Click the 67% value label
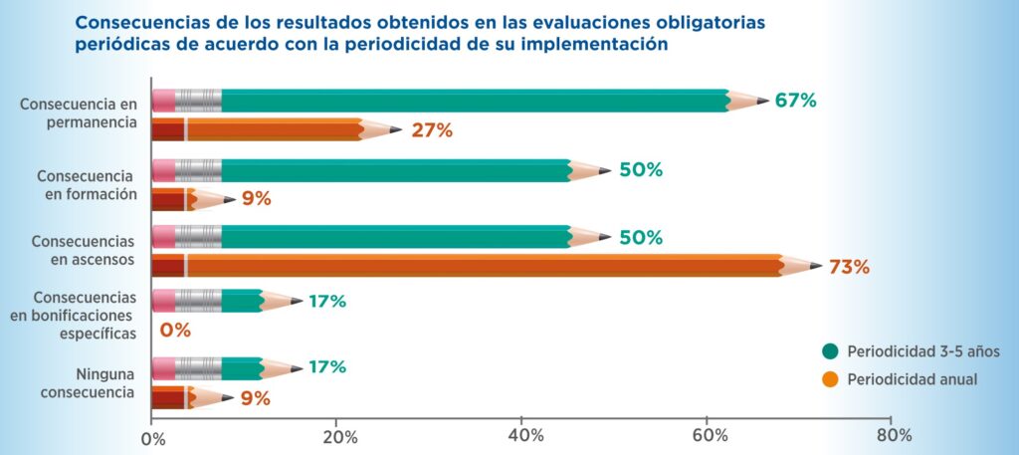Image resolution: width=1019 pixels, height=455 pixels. pos(795,101)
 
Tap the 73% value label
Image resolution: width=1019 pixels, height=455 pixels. pos(849,267)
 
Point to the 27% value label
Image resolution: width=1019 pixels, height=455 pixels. pos(432,130)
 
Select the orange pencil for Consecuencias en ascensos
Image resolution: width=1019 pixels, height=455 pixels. pos(478,266)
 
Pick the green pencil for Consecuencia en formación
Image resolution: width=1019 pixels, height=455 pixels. pos(378,170)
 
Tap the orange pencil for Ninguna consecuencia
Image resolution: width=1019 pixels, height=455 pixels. pos(189,397)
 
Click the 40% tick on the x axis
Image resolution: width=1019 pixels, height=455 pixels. pos(524,435)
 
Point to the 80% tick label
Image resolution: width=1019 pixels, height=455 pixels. pos(893,435)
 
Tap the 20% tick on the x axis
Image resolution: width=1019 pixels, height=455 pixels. pos(338,435)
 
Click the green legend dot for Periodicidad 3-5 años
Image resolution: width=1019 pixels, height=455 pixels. pos(830,350)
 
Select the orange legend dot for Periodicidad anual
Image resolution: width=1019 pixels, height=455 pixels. pos(830,378)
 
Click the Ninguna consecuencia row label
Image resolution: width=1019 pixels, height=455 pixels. pos(91,383)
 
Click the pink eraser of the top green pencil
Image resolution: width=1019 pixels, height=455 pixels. pos(163,101)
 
